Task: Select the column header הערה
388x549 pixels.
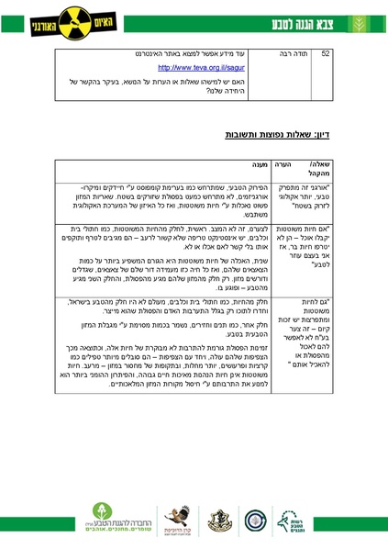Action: [x=285, y=163]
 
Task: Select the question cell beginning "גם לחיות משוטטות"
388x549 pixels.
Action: [x=323, y=330]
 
